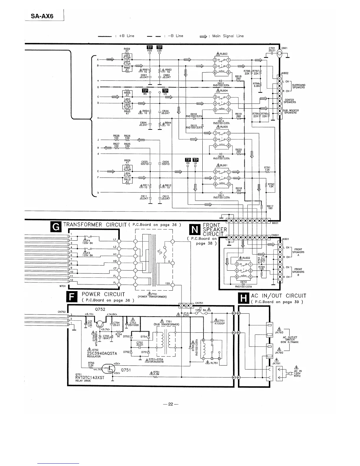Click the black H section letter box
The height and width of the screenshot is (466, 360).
(244, 298)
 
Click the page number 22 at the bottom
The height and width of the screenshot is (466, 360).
(171, 404)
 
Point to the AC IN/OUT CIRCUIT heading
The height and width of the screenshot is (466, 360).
(279, 296)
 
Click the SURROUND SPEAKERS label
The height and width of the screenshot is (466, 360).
(298, 86)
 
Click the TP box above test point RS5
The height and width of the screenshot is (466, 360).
(149, 47)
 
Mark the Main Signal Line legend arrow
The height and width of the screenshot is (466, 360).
(204, 36)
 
